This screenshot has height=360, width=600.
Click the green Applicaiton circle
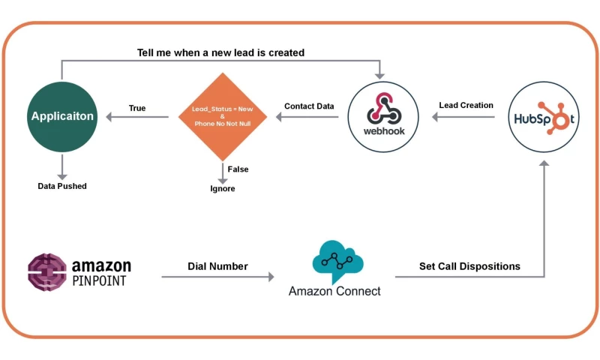61,117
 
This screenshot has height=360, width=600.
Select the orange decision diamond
223,117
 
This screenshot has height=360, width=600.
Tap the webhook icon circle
383,117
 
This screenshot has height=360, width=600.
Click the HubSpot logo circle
544,117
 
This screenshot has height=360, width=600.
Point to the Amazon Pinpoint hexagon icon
46,271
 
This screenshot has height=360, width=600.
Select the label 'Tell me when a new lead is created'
220,52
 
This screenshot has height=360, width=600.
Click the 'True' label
137,108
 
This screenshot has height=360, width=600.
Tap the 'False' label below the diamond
238,169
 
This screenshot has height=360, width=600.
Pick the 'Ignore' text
222,188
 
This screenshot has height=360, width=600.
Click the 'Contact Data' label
309,106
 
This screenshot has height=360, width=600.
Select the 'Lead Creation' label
466,105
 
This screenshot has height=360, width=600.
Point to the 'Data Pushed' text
62,185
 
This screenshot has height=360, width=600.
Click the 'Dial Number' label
217,266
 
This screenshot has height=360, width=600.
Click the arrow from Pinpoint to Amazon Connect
217,277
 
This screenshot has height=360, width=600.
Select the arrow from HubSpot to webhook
465,117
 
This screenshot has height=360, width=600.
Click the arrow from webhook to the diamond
309,117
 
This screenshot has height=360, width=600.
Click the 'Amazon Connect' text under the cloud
334,291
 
